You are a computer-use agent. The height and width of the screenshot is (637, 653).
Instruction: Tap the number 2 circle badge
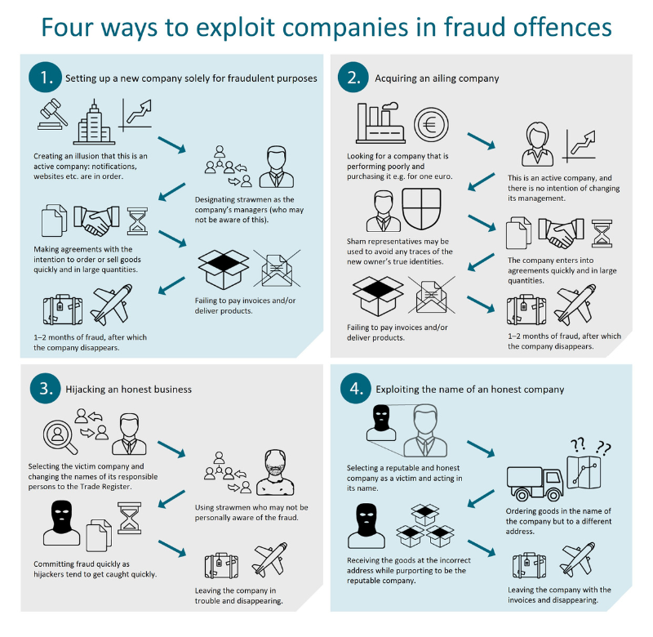(354, 78)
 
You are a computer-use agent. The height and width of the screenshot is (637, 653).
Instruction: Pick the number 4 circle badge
(354, 389)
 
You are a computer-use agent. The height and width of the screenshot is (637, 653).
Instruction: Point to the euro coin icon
(430, 126)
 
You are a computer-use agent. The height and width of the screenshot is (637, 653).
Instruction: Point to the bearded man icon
(278, 473)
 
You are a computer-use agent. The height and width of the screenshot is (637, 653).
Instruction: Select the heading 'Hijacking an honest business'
(128, 389)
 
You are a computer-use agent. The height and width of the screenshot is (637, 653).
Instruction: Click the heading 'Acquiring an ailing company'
(437, 78)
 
